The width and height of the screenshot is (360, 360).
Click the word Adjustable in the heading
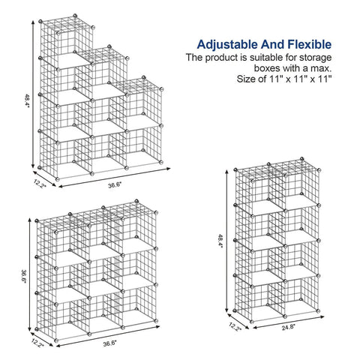point(227,45)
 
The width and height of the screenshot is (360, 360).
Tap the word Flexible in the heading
point(310,44)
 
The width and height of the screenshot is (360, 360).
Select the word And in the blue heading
point(272,44)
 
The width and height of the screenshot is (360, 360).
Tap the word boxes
point(267,68)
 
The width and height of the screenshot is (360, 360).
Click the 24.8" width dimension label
point(289,327)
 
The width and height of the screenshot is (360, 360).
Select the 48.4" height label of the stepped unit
point(27,100)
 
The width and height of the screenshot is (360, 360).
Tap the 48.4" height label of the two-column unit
point(220,241)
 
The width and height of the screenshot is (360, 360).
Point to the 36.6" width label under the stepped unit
point(115,185)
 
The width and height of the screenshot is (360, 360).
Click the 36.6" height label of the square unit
point(24,276)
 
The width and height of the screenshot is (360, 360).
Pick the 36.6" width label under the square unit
point(110,343)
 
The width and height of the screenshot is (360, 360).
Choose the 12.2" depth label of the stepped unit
point(40,184)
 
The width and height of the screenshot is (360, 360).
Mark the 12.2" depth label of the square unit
point(37,342)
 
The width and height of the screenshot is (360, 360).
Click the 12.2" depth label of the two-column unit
point(235,327)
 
